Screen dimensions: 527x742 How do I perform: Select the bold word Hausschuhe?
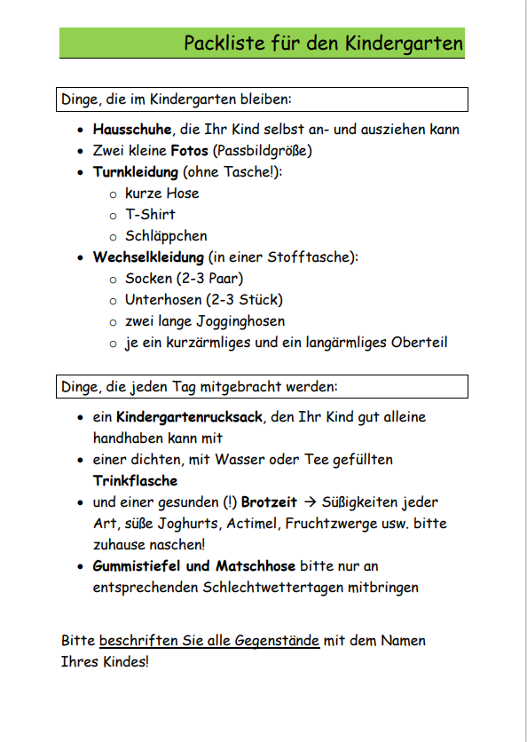point(133,130)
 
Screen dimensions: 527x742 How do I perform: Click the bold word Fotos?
point(190,151)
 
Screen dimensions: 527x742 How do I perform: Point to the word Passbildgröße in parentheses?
point(262,151)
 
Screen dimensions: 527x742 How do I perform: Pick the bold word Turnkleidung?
point(136,172)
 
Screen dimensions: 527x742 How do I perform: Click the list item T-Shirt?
point(150,215)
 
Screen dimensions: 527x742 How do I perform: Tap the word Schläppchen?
point(166,236)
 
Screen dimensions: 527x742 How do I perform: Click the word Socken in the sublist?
point(149,279)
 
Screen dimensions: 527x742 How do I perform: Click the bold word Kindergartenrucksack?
point(190,416)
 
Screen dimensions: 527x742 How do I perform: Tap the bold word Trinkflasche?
point(135,481)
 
